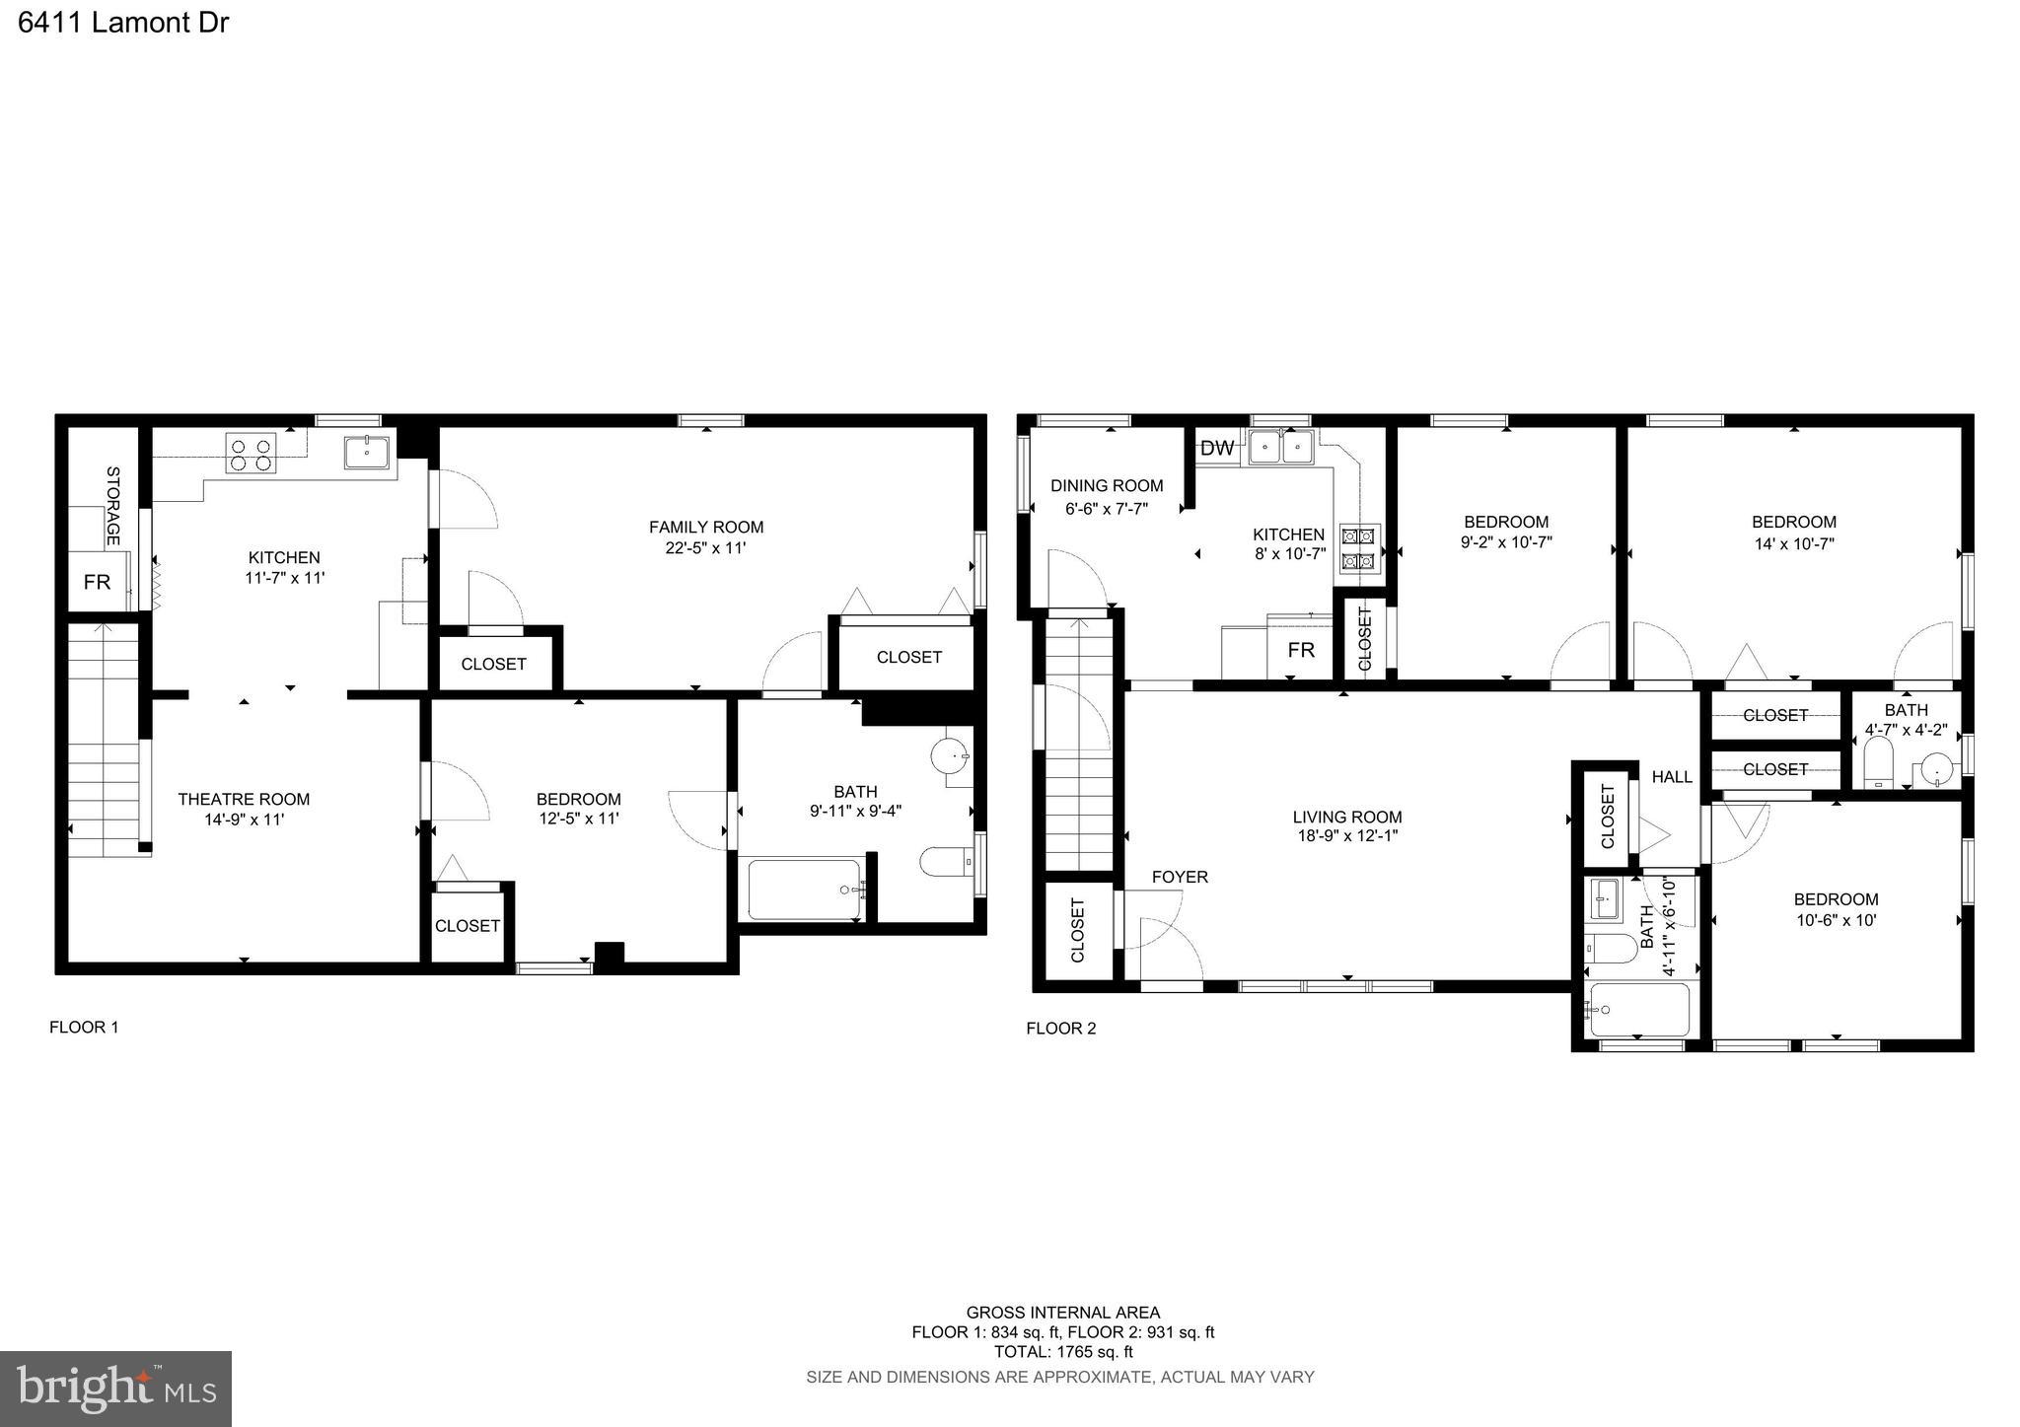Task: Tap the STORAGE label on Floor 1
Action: [112, 505]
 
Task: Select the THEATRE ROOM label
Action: [244, 799]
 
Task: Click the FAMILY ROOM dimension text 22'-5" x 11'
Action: [705, 547]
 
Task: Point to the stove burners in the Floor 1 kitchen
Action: [251, 454]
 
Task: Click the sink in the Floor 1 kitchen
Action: [367, 453]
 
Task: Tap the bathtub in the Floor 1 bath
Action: [804, 890]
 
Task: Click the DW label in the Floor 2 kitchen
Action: [1217, 449]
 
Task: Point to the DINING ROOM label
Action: [1107, 485]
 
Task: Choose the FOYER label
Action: [1180, 877]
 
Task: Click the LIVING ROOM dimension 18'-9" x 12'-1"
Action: [1347, 836]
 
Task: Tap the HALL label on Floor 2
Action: [1672, 777]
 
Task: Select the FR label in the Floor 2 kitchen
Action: [1301, 650]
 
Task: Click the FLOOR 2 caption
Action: [1060, 1029]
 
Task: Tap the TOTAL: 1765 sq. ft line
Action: [1062, 1352]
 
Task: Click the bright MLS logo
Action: [115, 1389]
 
